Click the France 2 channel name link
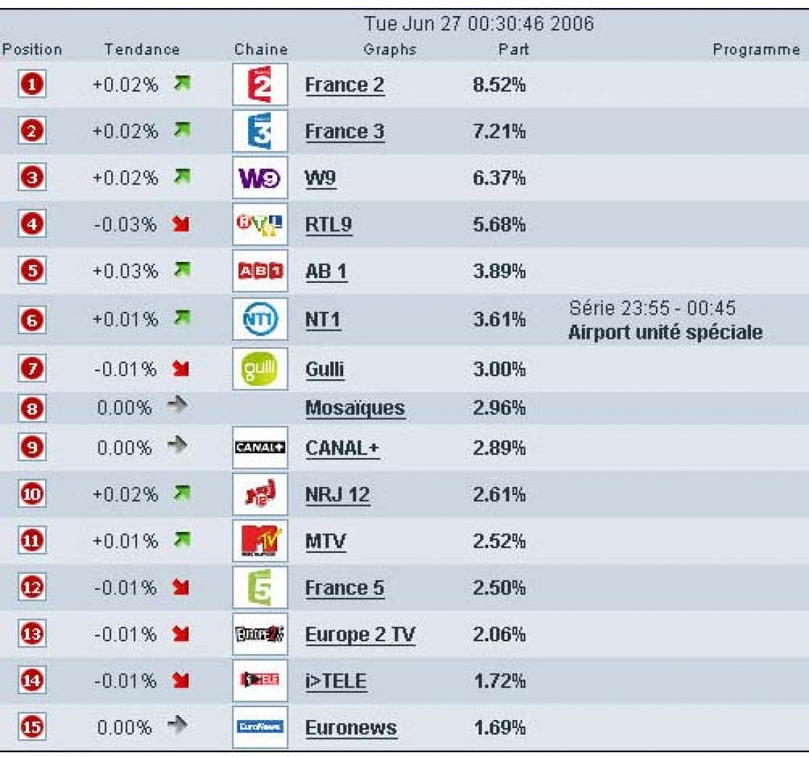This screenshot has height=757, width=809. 344,85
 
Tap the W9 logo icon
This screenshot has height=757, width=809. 260,178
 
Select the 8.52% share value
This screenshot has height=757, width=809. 499,85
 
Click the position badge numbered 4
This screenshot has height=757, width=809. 32,224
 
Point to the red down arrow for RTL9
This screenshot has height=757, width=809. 181,224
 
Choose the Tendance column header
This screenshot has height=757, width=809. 142,49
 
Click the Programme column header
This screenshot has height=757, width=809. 756,49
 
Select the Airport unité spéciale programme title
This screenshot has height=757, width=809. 665,332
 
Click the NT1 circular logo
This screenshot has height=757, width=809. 260,319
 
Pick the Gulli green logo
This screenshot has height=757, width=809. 260,368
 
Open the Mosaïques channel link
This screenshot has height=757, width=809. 355,407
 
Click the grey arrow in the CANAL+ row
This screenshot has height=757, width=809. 177,445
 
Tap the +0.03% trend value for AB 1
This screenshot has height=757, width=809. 125,271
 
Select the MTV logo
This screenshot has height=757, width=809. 260,540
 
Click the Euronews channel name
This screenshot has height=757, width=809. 351,727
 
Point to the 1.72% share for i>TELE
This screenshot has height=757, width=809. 499,681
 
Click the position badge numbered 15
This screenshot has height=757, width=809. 32,727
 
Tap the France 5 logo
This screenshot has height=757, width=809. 260,587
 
